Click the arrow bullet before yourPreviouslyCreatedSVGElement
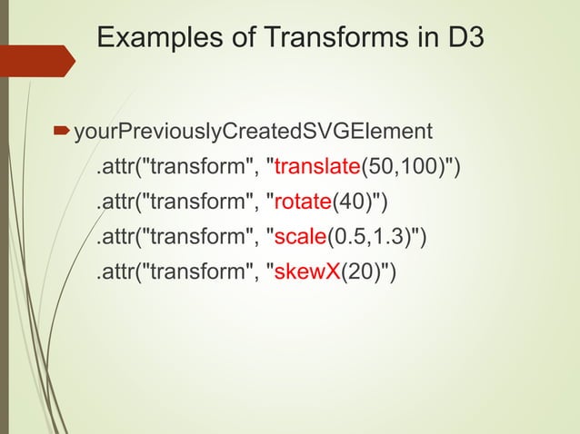62,133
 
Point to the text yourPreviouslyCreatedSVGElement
253,133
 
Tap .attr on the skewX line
115,271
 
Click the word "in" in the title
425,39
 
